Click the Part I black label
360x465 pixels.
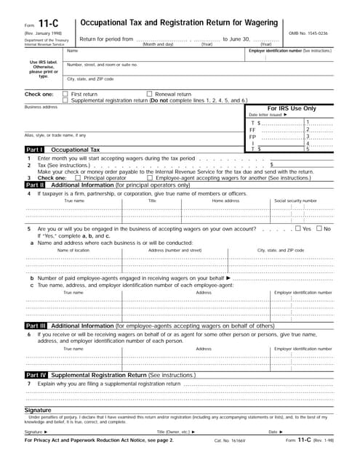[x=35, y=149]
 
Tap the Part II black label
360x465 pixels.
[x=35, y=185]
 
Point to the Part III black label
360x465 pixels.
[x=36, y=326]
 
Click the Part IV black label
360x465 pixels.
[x=36, y=374]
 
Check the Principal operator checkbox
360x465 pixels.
[x=80, y=177]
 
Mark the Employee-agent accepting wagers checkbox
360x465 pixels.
[x=150, y=177]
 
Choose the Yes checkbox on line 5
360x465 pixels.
[x=297, y=229]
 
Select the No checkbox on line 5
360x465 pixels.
[x=319, y=229]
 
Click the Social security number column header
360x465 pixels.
[x=295, y=201]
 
